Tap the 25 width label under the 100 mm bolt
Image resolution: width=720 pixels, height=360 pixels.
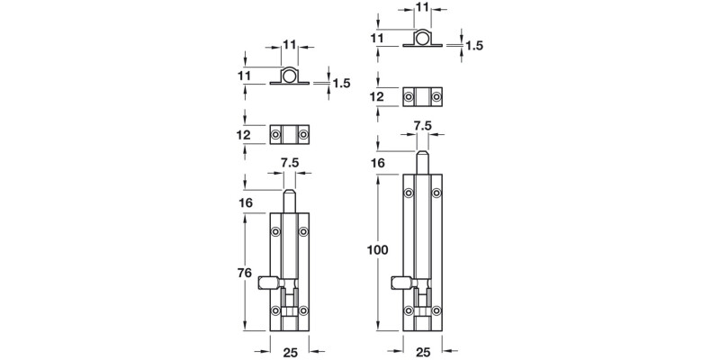click(423, 346)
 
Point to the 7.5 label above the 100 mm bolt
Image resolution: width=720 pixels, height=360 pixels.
click(421, 127)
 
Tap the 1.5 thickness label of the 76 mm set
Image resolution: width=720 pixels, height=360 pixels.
click(341, 83)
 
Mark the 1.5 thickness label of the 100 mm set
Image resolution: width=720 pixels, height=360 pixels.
click(473, 44)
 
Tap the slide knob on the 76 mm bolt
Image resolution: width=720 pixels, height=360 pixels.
click(266, 283)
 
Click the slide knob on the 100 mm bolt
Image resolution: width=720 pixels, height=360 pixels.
click(400, 283)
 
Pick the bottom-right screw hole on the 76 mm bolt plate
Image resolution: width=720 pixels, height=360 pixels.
click(304, 311)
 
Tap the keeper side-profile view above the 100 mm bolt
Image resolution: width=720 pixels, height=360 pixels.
click(422, 40)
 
